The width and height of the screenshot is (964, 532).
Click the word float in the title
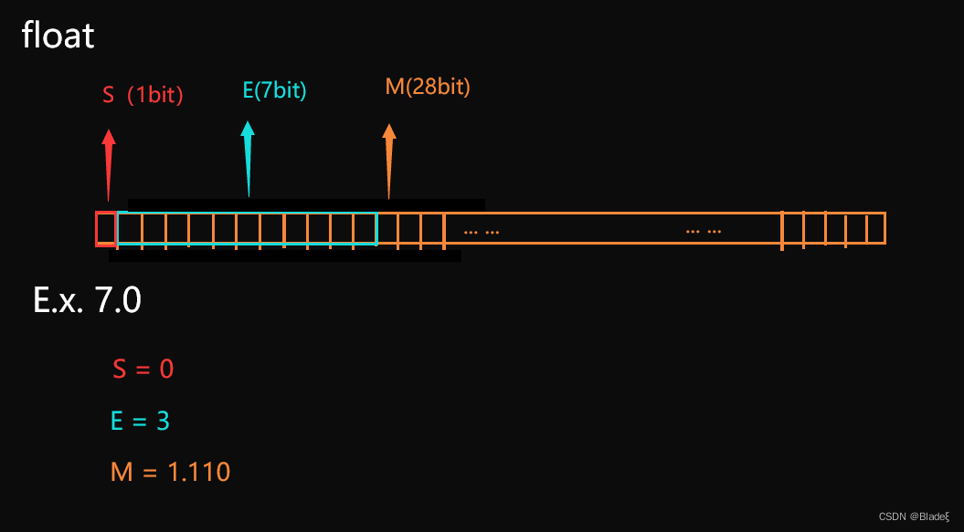coord(58,37)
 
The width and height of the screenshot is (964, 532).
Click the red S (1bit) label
coord(143,95)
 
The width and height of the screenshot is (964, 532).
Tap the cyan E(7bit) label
coord(274,90)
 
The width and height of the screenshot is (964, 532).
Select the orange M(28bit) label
coord(428,88)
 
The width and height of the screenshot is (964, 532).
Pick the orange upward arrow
coord(389,160)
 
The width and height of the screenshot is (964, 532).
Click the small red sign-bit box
coord(106,229)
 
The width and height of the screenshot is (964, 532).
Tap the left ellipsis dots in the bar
coord(482,231)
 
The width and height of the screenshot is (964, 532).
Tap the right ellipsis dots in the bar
coord(704,231)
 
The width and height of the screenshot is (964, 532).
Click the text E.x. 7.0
coord(88,301)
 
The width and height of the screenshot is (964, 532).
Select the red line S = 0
coord(143,370)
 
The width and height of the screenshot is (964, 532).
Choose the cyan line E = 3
coord(140,421)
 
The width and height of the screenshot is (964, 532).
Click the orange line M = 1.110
coord(170,472)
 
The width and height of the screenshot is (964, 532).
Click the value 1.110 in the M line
coord(199,472)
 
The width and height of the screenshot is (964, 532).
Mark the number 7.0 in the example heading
coord(118,301)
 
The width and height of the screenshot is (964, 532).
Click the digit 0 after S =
coord(166,370)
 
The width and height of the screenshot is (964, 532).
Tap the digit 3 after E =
coord(162,421)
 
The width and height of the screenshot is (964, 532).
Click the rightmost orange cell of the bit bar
coord(875,229)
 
